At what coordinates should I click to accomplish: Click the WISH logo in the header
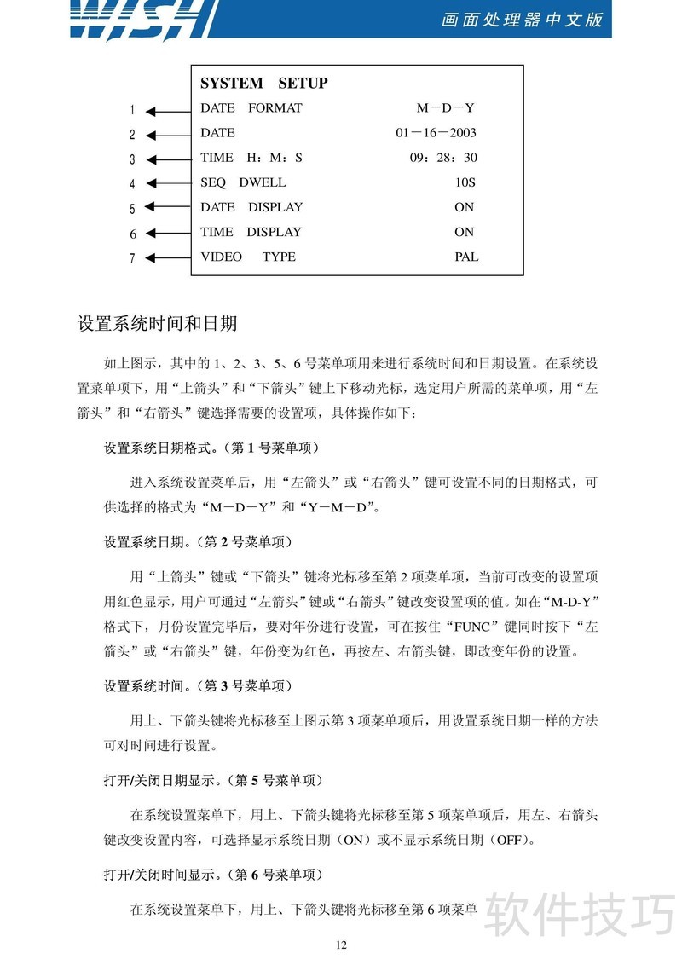[x=141, y=19]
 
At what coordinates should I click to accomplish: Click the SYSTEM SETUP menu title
[x=263, y=84]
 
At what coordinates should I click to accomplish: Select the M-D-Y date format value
[x=445, y=108]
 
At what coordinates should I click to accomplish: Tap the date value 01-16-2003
[x=436, y=133]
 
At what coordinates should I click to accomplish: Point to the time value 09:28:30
[x=443, y=158]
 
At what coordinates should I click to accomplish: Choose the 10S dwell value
[x=465, y=182]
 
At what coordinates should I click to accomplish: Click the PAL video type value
[x=466, y=257]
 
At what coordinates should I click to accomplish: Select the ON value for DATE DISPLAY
[x=464, y=207]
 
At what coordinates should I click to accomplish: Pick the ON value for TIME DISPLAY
[x=464, y=232]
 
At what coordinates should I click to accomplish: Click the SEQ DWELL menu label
[x=243, y=182]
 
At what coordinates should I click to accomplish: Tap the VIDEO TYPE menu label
[x=248, y=257]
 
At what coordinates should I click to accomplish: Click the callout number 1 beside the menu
[x=132, y=110]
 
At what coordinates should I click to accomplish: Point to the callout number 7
[x=132, y=258]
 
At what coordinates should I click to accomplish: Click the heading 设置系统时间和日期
[x=157, y=324]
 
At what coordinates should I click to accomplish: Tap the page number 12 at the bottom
[x=341, y=945]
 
